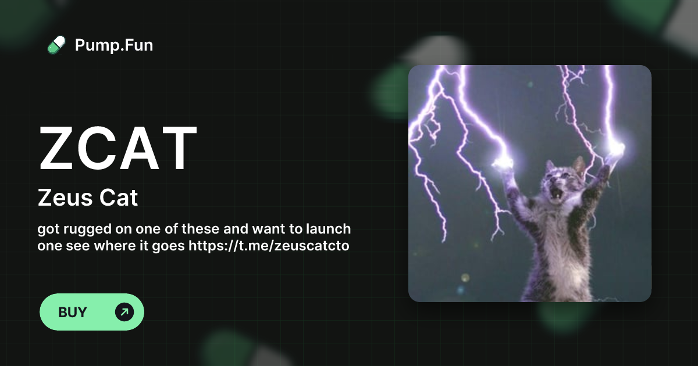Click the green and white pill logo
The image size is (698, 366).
click(x=56, y=45)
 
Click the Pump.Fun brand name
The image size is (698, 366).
click(x=114, y=45)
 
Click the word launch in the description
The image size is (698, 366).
click(x=329, y=229)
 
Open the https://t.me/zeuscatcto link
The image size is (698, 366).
click(x=269, y=246)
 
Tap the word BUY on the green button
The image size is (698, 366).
click(x=72, y=312)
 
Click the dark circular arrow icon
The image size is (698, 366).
click(x=124, y=312)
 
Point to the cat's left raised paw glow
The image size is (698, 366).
click(x=503, y=163)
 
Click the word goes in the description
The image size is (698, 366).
click(x=168, y=246)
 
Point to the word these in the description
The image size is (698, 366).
click(x=201, y=229)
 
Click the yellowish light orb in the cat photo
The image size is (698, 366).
click(x=465, y=278)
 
